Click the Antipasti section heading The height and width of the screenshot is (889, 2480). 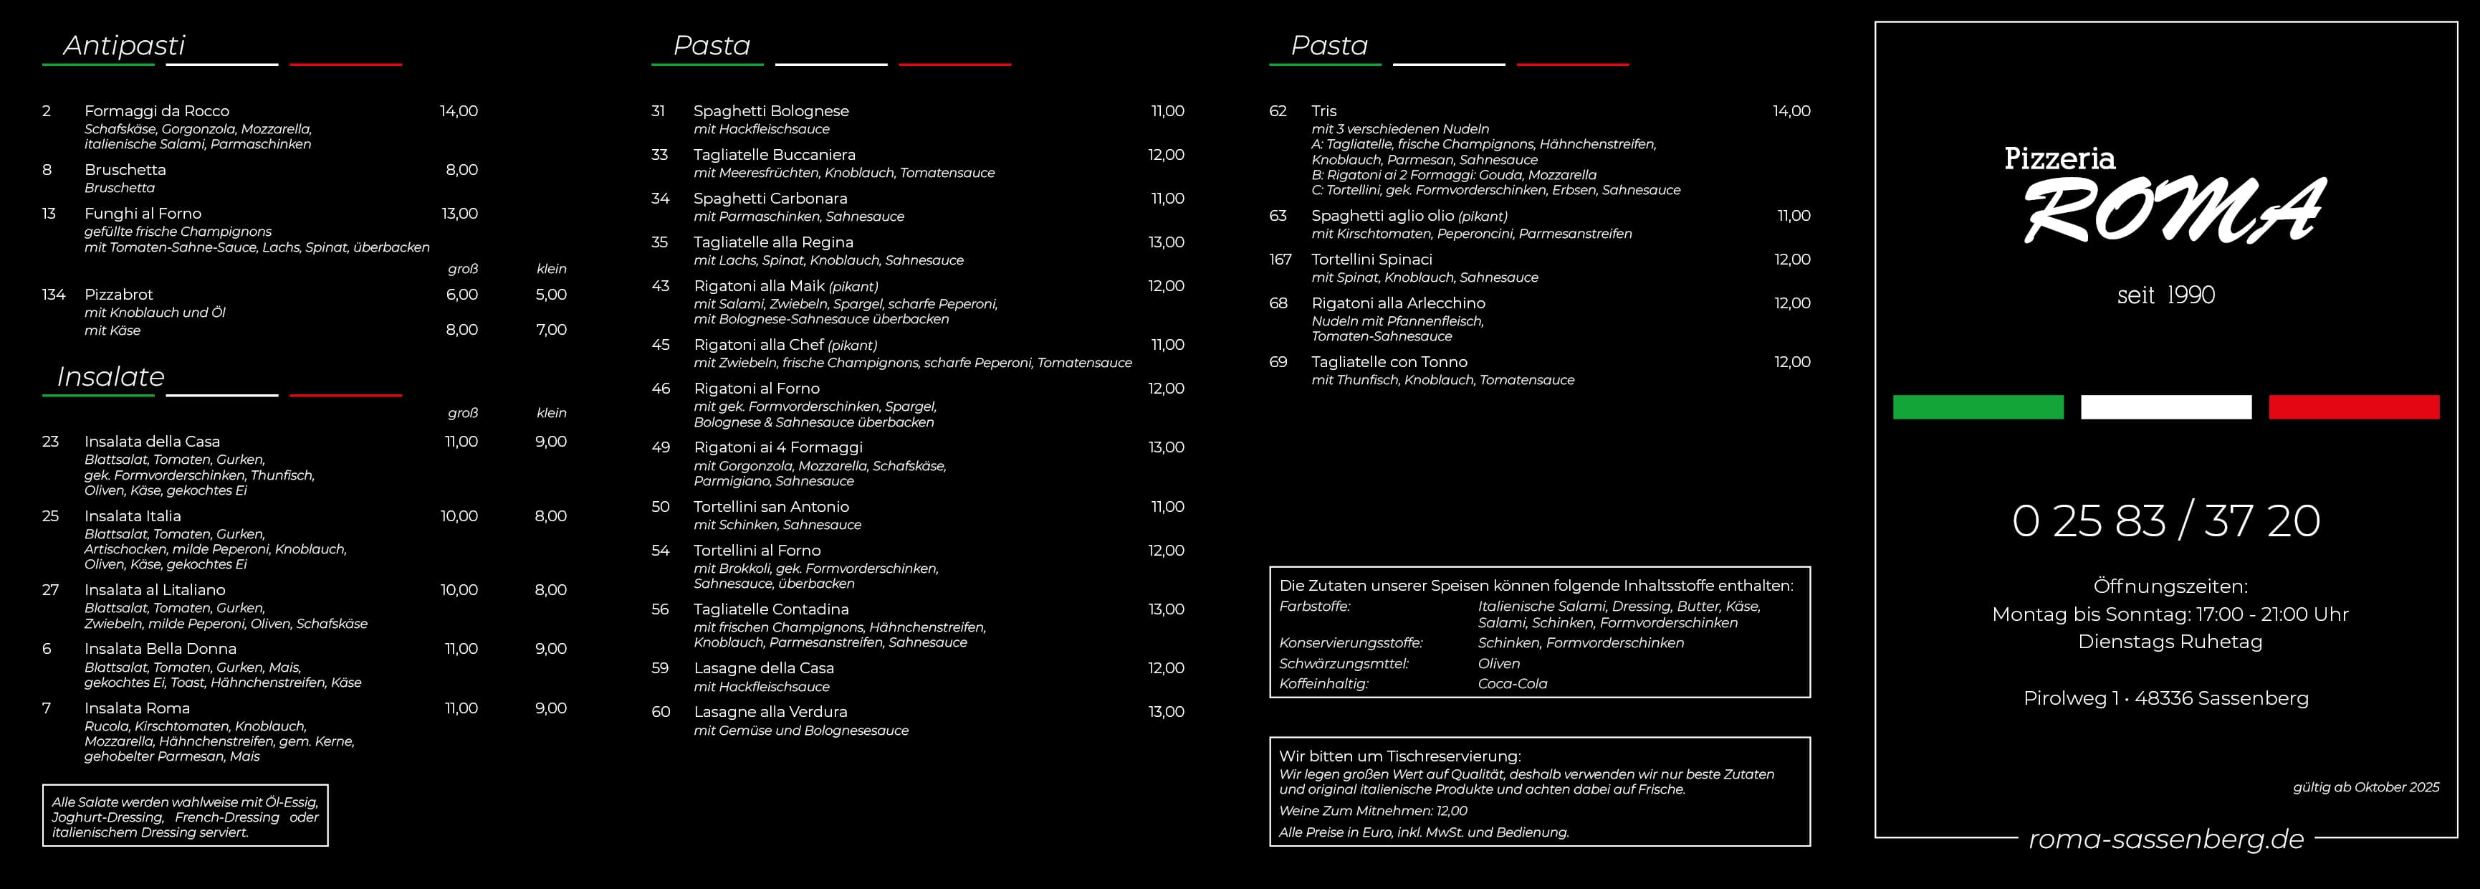[x=123, y=45]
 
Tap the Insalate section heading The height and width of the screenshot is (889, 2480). [x=111, y=376]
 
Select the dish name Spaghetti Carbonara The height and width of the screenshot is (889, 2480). [x=770, y=199]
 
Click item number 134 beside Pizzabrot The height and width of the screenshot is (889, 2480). [x=53, y=295]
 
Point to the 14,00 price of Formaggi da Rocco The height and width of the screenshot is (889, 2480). [x=459, y=110]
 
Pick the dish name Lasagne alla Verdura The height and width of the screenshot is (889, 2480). [x=770, y=712]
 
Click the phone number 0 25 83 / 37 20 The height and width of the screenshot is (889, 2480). [x=2165, y=521]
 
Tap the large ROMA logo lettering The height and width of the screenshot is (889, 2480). [x=2174, y=212]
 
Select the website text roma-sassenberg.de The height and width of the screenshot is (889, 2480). [x=2165, y=839]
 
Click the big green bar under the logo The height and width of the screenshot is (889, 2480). [x=1978, y=407]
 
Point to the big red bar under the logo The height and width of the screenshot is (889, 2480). [x=2353, y=407]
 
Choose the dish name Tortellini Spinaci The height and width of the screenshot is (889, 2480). [x=1371, y=259]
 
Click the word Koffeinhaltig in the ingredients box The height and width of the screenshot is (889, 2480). [x=1323, y=684]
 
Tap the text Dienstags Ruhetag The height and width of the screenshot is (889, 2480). [x=2169, y=642]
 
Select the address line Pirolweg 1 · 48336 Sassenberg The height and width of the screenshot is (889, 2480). [x=2165, y=698]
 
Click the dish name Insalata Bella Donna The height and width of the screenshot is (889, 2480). [x=160, y=648]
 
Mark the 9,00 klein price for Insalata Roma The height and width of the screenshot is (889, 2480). [x=551, y=708]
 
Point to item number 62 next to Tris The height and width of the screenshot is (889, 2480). [x=1278, y=110]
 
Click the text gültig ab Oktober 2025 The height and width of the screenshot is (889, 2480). [x=2365, y=787]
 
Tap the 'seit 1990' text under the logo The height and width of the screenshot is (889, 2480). [x=2165, y=295]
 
